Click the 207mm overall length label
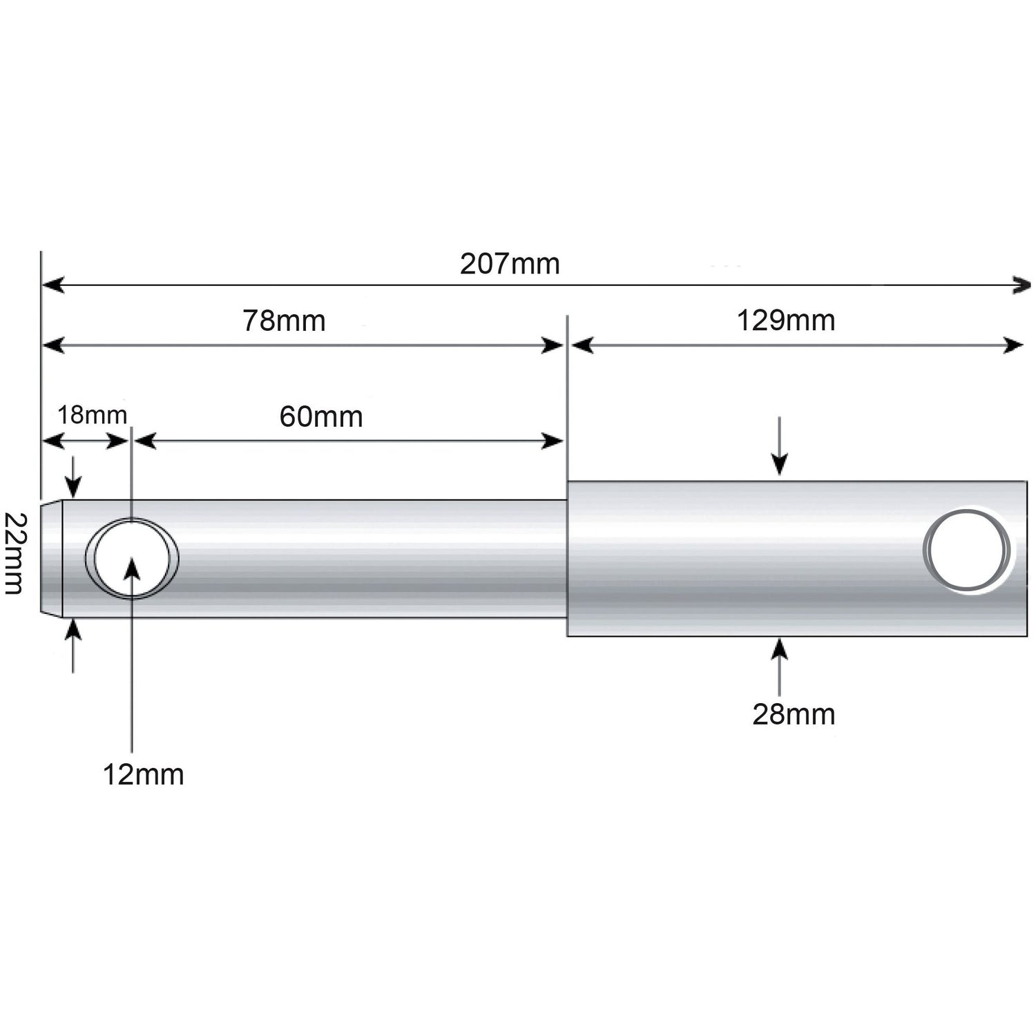(510, 264)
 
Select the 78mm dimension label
(284, 321)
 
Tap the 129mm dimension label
(786, 320)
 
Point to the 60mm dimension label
(321, 417)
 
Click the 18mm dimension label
(92, 415)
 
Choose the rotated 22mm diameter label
(14, 553)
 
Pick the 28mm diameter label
(794, 714)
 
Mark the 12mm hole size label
(143, 775)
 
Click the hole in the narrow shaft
(131, 558)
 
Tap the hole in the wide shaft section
(968, 550)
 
